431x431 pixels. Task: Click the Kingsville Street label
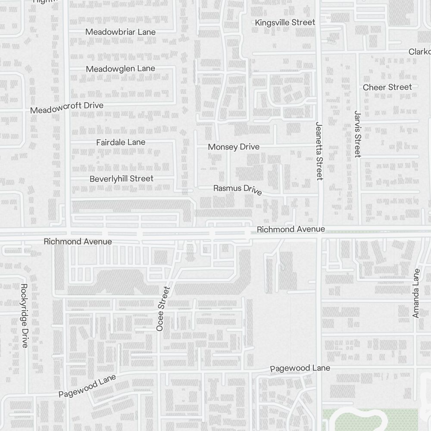coord(285,22)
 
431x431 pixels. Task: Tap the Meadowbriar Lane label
coord(120,32)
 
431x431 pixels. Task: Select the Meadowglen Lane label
coord(120,69)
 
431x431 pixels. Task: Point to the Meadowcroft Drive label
coord(67,108)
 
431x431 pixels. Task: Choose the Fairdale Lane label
coord(121,142)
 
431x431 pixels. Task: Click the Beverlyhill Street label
coord(121,178)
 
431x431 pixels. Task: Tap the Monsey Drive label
coord(234,147)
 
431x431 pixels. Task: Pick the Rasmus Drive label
coord(237,189)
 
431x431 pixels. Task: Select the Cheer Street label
coord(387,87)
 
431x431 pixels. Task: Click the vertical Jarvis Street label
coord(357,134)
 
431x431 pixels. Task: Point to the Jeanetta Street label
coord(319,150)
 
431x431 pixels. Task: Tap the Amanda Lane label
coord(416,294)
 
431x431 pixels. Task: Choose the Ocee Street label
coord(164,309)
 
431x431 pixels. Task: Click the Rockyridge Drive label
coord(24,315)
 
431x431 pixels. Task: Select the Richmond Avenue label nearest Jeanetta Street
coord(290,229)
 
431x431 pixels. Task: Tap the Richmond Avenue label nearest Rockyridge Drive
coord(78,242)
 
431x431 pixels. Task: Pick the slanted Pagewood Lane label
coord(87,386)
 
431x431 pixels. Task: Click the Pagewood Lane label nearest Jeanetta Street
coord(300,368)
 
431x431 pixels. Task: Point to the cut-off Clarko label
coord(419,52)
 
